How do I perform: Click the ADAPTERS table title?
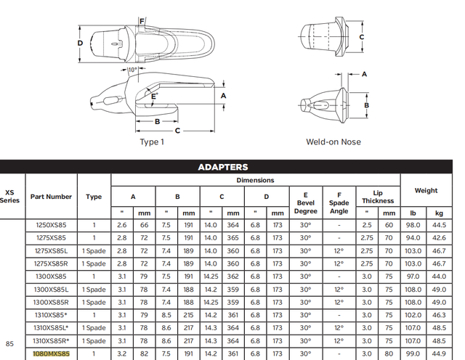tap(223, 167)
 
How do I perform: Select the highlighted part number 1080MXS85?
tap(52, 353)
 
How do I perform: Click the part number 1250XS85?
tap(52, 226)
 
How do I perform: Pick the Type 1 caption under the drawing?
tap(152, 142)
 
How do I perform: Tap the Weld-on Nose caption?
tap(333, 142)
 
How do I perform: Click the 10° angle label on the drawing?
tap(132, 70)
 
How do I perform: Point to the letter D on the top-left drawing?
tap(80, 42)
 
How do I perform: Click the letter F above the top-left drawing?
tap(142, 21)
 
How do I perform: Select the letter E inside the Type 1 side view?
tap(153, 95)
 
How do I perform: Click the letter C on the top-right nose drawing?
tap(361, 37)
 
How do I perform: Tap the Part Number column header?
tap(52, 196)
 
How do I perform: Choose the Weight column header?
tap(426, 191)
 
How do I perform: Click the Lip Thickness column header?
tap(378, 196)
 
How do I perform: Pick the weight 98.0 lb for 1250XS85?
tap(413, 226)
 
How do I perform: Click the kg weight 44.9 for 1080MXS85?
tap(439, 353)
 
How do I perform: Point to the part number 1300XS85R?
tap(52, 302)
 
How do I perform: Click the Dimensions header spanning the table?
tap(255, 180)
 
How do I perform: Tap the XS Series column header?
tap(9, 196)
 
